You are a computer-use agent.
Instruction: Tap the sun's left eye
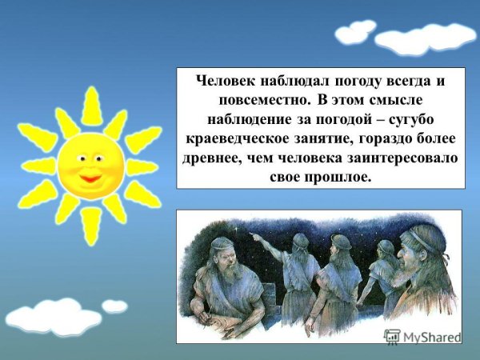click(x=80, y=157)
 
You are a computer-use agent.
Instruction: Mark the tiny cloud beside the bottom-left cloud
click(x=114, y=306)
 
